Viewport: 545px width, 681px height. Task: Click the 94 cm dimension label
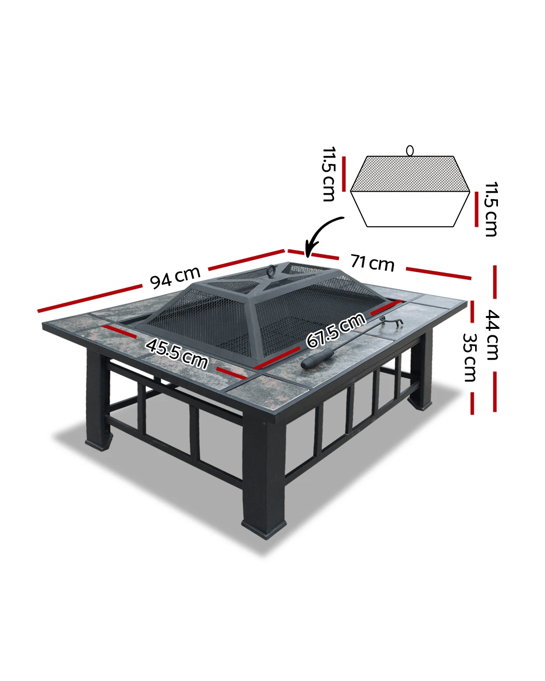point(175,277)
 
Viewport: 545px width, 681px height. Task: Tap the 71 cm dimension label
point(373,262)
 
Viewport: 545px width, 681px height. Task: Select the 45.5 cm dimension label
point(177,354)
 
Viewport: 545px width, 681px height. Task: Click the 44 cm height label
point(492,335)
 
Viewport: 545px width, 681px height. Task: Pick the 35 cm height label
point(470,358)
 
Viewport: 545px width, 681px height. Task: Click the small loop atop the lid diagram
point(410,150)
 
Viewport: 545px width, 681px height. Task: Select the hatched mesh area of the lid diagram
point(410,173)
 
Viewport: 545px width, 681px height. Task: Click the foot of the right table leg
point(420,404)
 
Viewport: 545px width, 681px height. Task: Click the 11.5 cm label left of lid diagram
point(328,174)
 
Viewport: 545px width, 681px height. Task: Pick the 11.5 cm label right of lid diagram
point(491,209)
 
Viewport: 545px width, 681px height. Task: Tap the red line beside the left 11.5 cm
point(344,174)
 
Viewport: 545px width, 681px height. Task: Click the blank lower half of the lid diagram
point(410,209)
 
